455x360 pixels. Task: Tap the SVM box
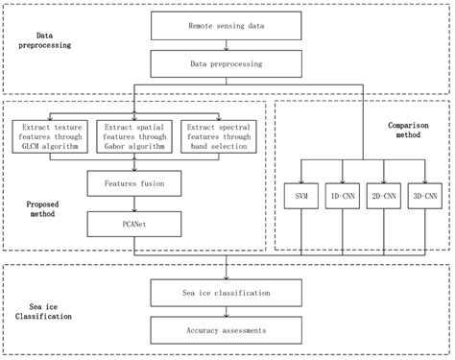[x=298, y=195]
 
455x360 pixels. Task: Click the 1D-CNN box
[x=341, y=195]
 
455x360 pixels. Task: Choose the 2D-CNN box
[x=383, y=195]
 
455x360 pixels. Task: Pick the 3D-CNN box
[x=425, y=195]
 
